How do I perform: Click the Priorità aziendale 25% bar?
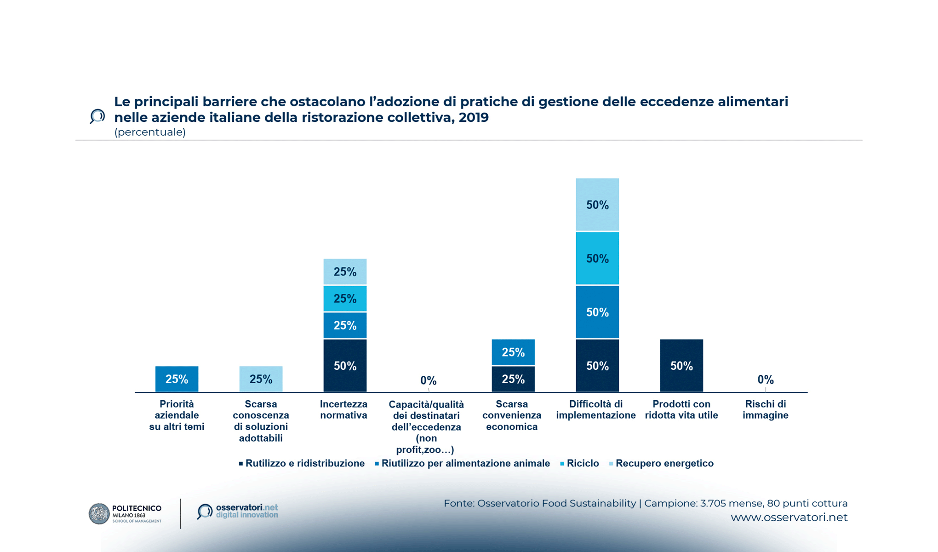tap(177, 379)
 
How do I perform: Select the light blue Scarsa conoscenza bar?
tap(261, 379)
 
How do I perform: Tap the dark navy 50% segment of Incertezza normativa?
tap(345, 366)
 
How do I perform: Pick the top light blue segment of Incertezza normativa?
tap(345, 271)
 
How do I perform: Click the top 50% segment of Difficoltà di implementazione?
tap(597, 205)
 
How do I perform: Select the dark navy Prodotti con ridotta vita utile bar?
tap(681, 366)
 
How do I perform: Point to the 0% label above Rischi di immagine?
tap(766, 379)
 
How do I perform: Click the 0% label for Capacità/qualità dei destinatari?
tap(428, 380)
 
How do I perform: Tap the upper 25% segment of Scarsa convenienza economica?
tap(513, 352)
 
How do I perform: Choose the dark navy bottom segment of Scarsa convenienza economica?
tap(513, 379)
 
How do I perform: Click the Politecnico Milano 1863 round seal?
tap(99, 514)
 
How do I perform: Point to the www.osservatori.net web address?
tap(789, 517)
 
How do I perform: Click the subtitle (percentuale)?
tap(150, 132)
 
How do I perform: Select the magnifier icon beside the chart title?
tap(97, 116)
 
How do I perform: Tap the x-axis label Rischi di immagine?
tap(766, 409)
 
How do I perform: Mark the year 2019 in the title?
tap(474, 117)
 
